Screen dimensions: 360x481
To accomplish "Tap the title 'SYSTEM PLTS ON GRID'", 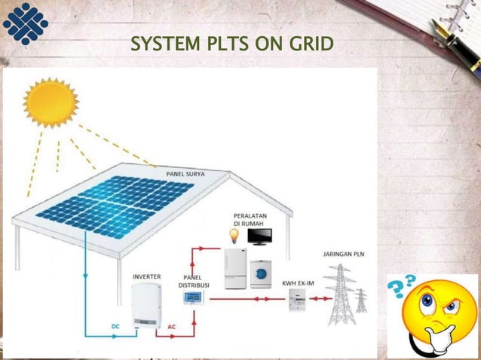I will [x=231, y=44].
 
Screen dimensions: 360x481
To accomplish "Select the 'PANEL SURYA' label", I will [x=185, y=174].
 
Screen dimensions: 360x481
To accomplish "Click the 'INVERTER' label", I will [x=146, y=276].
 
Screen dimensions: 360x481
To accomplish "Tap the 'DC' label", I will [x=115, y=326].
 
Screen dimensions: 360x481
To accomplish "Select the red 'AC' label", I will [x=172, y=326].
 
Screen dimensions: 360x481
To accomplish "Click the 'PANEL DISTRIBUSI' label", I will [x=194, y=281].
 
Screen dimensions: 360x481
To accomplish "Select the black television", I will [x=260, y=236].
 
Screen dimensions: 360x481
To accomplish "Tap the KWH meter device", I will [x=296, y=301].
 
